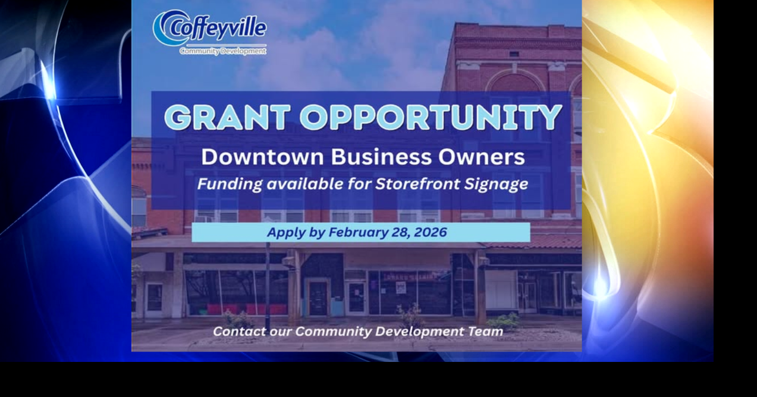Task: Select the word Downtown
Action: coord(262,157)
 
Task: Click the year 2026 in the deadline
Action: coord(431,232)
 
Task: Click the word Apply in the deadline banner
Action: coord(285,233)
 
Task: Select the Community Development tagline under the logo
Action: coord(223,51)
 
